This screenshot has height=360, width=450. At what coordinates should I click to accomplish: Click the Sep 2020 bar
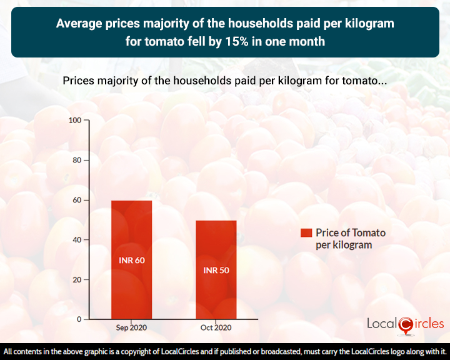point(131,259)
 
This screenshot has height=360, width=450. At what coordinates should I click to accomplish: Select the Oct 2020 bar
point(216,269)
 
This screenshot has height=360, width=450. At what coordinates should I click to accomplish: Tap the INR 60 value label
point(131,259)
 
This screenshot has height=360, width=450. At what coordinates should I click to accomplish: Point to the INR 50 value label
point(216,271)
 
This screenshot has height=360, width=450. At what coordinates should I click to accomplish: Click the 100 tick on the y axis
point(75,120)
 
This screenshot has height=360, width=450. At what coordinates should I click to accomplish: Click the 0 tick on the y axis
point(79,319)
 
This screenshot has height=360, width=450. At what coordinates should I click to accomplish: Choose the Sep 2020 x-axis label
point(131,328)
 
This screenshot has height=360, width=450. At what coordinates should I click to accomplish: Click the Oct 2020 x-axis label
point(216,328)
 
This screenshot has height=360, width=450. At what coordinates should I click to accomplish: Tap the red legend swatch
point(306,232)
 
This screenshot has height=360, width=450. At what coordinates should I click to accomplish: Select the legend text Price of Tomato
point(350,232)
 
